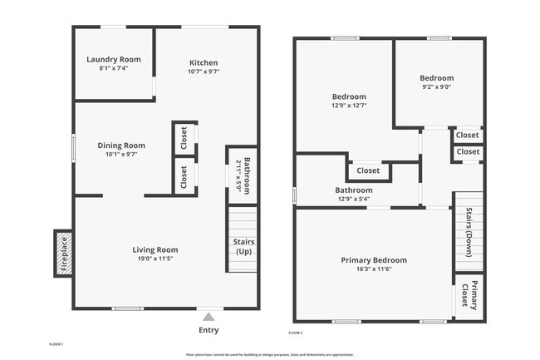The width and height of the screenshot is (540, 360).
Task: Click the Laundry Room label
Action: [x=114, y=59]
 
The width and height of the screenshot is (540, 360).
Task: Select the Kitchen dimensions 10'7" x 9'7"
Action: [x=204, y=72]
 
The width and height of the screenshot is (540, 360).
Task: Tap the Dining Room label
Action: [x=121, y=145]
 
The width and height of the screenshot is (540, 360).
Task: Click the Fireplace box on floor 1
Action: [x=63, y=253]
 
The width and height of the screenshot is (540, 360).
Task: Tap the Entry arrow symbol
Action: [x=209, y=316]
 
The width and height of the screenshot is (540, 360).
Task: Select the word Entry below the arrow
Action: [x=209, y=330]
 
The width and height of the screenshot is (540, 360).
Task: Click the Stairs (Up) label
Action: [x=243, y=247]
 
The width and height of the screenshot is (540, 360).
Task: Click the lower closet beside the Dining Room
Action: [x=184, y=176]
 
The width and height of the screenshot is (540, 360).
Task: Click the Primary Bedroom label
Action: [x=374, y=260]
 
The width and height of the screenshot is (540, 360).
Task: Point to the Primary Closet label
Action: [x=469, y=297]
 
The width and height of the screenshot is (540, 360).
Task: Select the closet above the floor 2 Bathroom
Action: [x=368, y=170]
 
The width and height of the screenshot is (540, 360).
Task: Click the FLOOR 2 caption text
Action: [x=296, y=333]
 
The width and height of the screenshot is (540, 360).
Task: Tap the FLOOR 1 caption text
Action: [x=56, y=343]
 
